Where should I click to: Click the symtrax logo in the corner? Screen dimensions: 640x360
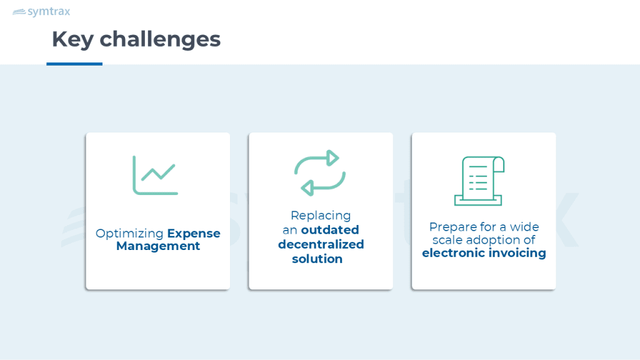coord(41,12)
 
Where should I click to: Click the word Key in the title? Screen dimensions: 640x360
coord(72,39)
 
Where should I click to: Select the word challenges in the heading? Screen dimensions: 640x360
coord(160,39)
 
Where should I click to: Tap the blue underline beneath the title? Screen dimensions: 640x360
coord(74,64)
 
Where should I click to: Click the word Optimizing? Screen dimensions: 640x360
coord(129,234)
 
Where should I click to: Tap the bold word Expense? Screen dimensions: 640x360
coord(194,234)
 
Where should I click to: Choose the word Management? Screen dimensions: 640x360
coord(158,246)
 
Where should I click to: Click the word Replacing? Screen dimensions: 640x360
coord(321,216)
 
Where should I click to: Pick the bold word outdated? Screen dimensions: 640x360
coord(330,230)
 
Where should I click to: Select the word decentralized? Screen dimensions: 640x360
coord(321,244)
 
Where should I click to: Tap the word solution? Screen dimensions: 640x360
coord(317,259)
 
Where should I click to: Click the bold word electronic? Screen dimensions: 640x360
coord(454,253)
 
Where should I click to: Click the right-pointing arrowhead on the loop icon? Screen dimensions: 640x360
coord(333,158)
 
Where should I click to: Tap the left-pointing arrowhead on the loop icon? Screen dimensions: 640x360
coord(307,188)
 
